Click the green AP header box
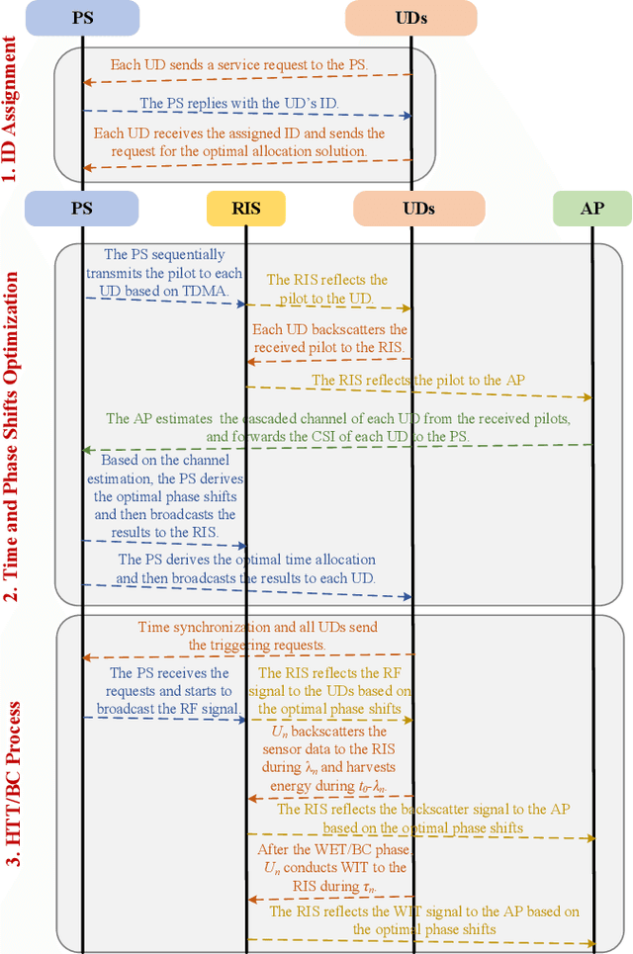click(x=591, y=209)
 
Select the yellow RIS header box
click(x=246, y=209)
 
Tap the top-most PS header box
click(x=81, y=18)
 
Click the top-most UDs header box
click(x=410, y=18)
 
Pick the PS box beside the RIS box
click(x=81, y=209)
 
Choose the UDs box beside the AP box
click(x=418, y=209)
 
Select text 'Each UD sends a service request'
click(x=238, y=64)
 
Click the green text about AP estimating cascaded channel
click(x=337, y=426)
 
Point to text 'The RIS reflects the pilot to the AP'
click(x=418, y=380)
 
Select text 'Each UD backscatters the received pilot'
click(x=329, y=338)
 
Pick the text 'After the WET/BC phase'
click(x=329, y=858)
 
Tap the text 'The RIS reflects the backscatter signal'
click(x=422, y=818)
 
